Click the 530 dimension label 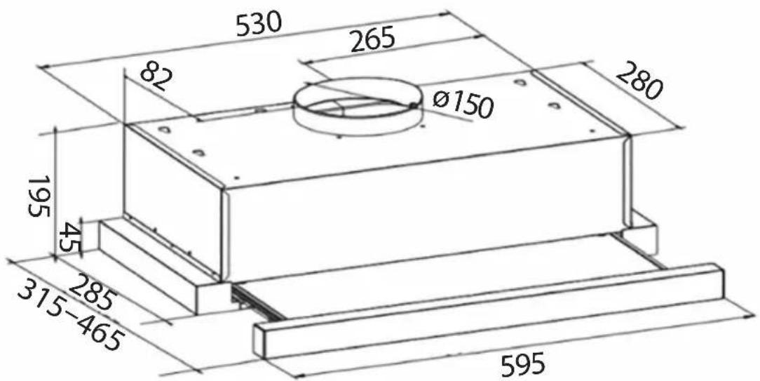coord(259,25)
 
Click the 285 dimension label coord(92,293)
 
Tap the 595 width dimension coord(524,363)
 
